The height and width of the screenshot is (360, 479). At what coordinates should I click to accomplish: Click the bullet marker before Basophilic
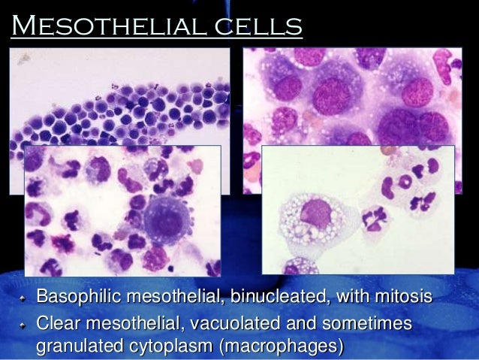tap(24, 298)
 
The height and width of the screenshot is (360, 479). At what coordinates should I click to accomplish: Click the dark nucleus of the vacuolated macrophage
tap(316, 215)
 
